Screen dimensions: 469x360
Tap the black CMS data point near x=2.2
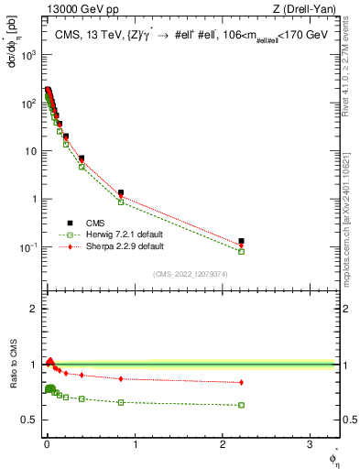pos(241,242)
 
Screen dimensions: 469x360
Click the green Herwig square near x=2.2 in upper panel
pos(241,251)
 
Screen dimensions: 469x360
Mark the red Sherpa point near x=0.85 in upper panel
pos(121,197)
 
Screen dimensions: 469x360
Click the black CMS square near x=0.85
pos(121,192)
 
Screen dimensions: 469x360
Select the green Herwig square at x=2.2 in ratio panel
pos(241,405)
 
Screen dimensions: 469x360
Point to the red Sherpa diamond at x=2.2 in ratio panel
pos(241,382)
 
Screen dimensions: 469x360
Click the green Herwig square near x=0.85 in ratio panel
pos(121,402)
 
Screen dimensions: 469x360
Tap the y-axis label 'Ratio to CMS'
pos(14,365)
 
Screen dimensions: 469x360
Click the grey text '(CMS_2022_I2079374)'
pos(190,272)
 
